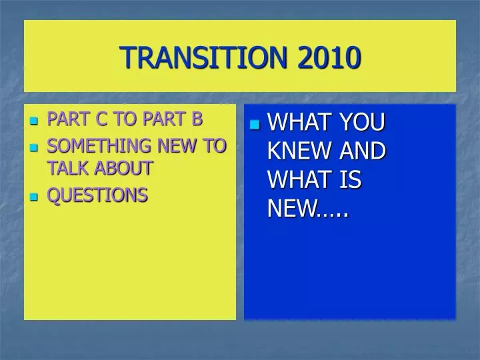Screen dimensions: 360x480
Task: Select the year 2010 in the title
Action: click(x=329, y=57)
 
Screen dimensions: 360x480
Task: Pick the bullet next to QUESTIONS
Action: click(x=35, y=197)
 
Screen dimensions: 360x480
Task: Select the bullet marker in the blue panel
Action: click(x=255, y=125)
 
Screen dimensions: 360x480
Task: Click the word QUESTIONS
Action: click(x=97, y=195)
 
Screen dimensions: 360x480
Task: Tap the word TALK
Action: click(x=66, y=168)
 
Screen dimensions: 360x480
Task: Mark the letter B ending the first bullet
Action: click(x=197, y=120)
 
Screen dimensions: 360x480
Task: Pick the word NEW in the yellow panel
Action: click(x=186, y=146)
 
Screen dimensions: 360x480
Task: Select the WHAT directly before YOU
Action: click(x=299, y=123)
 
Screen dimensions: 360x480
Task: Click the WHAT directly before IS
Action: click(x=299, y=180)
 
